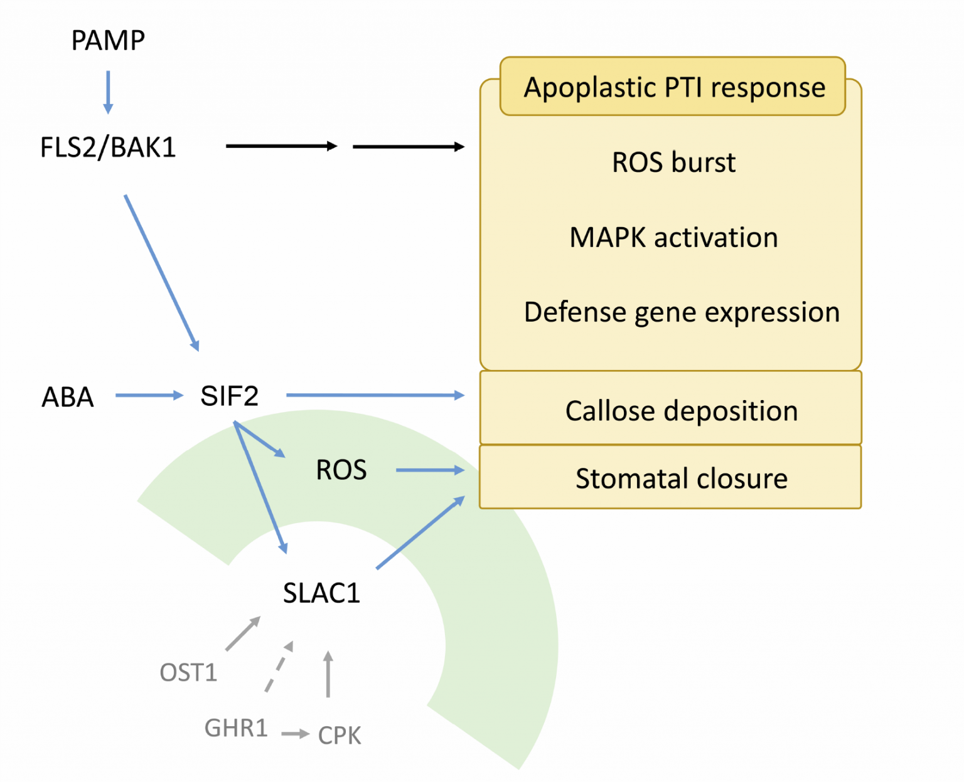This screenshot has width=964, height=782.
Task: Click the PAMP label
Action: (108, 40)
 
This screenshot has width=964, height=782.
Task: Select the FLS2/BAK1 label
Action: (108, 147)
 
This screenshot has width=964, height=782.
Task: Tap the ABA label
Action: (68, 397)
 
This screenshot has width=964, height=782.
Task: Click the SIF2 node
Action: (230, 396)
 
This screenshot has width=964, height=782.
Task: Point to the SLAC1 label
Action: (321, 593)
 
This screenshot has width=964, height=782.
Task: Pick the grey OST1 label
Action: (188, 672)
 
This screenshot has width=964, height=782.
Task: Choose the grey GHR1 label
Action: (236, 727)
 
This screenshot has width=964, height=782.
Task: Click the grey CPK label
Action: (340, 735)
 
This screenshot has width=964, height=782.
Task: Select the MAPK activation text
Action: (674, 237)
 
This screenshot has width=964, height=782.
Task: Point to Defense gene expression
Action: (682, 313)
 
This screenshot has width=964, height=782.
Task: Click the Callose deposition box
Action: (671, 408)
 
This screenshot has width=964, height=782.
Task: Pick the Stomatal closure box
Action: (671, 477)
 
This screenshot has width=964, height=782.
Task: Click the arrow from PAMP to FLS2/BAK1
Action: (108, 92)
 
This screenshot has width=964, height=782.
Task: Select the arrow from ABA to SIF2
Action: (150, 395)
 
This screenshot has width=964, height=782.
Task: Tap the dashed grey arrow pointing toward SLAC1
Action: (279, 667)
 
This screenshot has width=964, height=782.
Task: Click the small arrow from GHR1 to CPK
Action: (296, 734)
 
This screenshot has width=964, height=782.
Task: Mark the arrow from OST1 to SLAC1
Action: (244, 633)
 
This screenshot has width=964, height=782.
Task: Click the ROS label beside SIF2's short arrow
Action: (341, 470)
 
